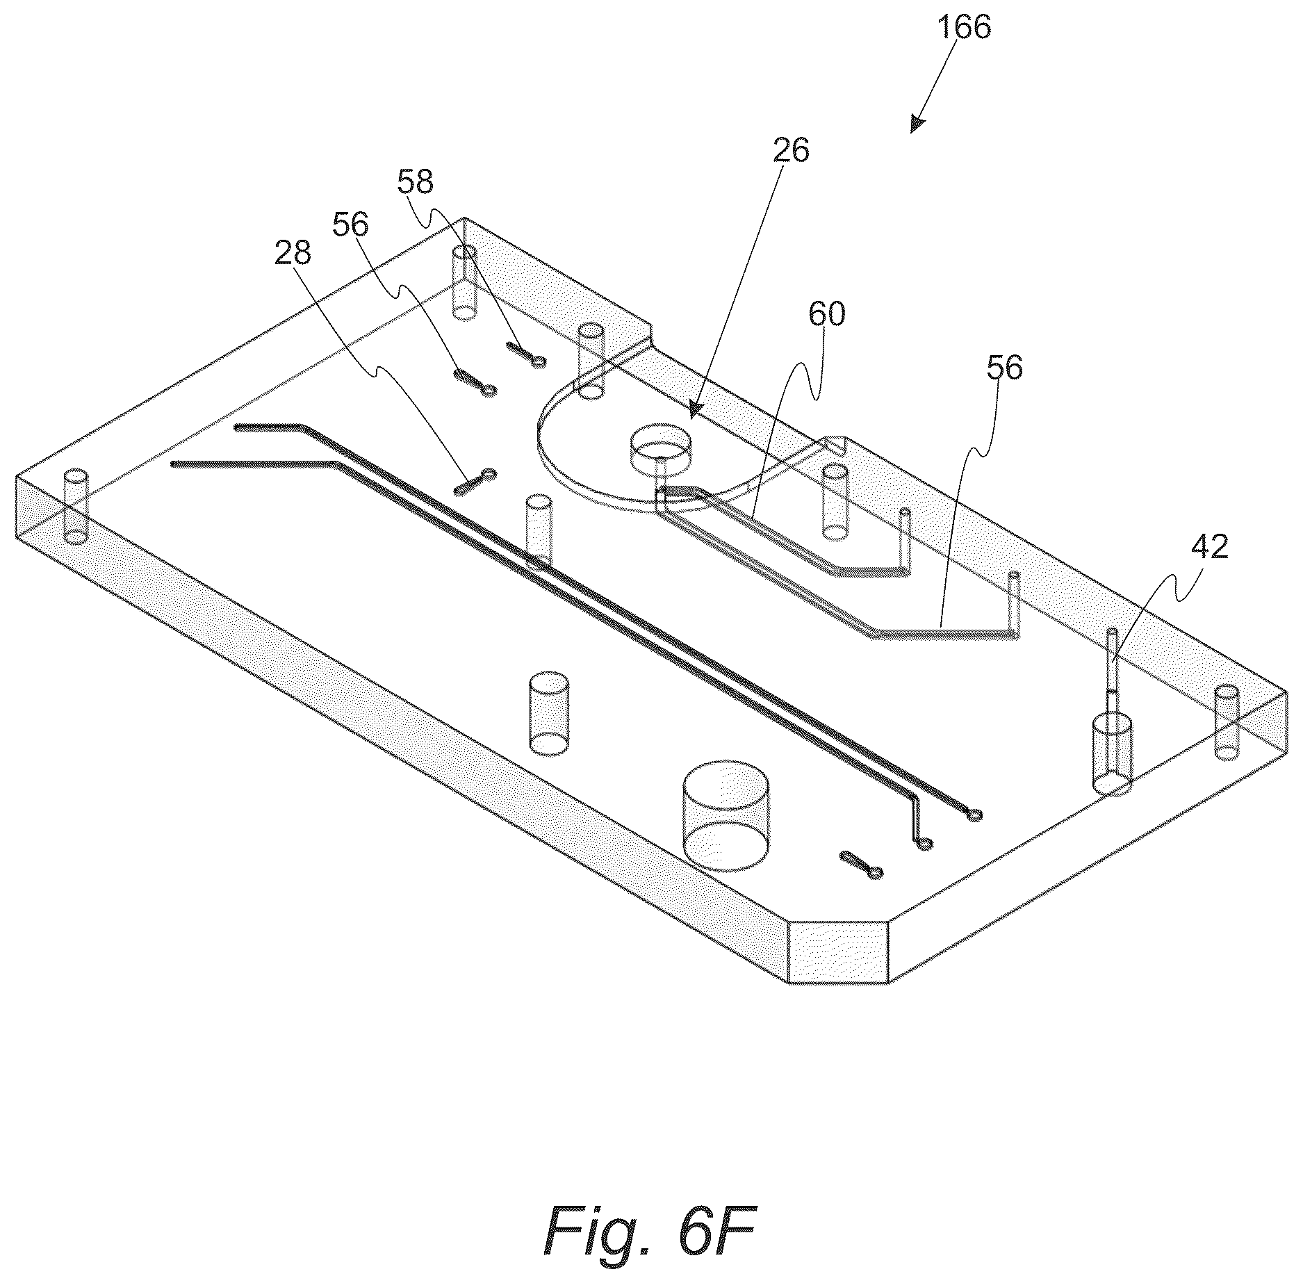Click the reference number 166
(x=963, y=28)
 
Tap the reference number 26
(x=791, y=151)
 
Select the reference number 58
(x=416, y=182)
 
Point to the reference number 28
(x=293, y=254)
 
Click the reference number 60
(x=826, y=314)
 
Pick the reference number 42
(x=1209, y=548)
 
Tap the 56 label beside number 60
(x=1004, y=368)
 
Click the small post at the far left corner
(x=76, y=505)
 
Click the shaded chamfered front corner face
(x=839, y=951)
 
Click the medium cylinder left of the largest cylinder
(x=549, y=713)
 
